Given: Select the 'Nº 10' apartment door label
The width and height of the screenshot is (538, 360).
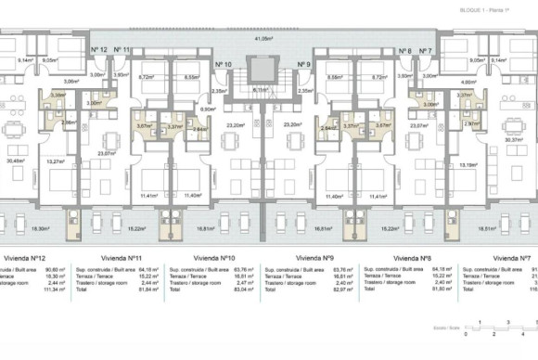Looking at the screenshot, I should click(223, 64).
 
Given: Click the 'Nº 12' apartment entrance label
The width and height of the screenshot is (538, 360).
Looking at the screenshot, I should click(99, 50).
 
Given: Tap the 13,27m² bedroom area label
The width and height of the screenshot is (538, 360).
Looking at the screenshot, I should click(55, 161).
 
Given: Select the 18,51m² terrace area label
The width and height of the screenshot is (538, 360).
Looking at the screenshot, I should click(489, 226).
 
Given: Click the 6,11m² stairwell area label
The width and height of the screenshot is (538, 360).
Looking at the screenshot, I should click(263, 90).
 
